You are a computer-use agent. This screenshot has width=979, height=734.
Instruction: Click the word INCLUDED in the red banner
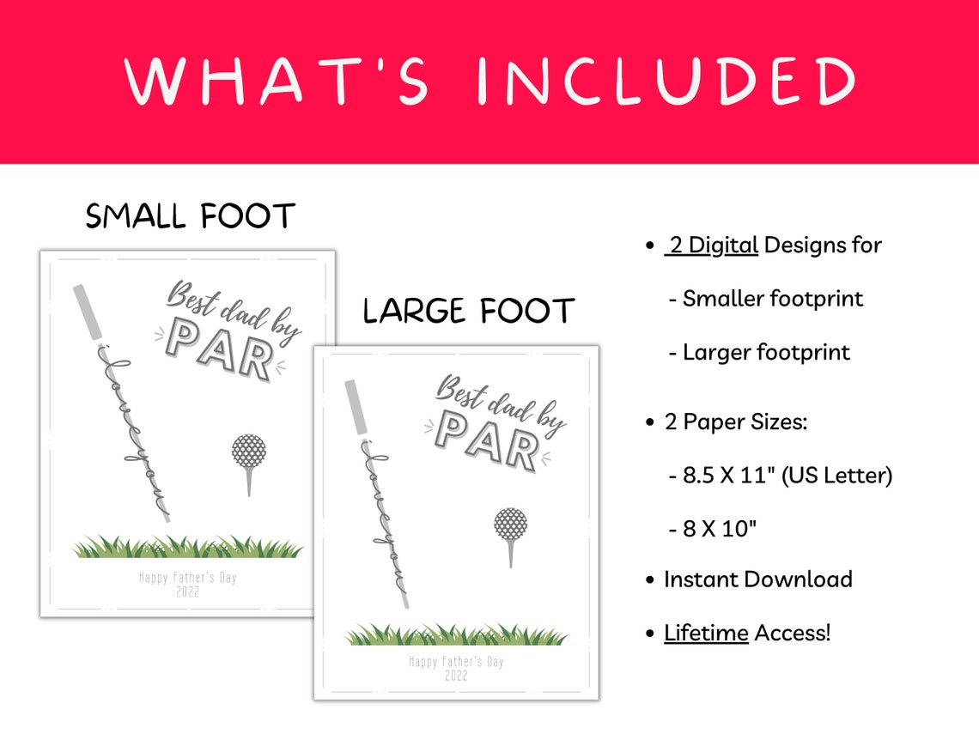pyautogui.click(x=666, y=82)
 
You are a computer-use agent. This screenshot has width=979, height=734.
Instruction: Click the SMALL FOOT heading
pyautogui.click(x=190, y=216)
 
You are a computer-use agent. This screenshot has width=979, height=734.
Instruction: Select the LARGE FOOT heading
pyautogui.click(x=468, y=311)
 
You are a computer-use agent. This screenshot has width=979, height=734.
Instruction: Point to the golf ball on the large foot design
pyautogui.click(x=510, y=525)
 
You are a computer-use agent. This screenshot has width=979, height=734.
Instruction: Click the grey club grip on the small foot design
pyautogui.click(x=86, y=312)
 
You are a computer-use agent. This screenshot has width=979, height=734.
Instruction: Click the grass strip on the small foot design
pyautogui.click(x=187, y=547)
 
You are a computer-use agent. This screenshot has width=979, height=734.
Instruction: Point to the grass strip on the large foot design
pyautogui.click(x=456, y=635)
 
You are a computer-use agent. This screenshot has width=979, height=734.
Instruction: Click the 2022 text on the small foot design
pyautogui.click(x=187, y=591)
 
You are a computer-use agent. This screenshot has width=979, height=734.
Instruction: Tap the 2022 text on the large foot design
pyautogui.click(x=456, y=676)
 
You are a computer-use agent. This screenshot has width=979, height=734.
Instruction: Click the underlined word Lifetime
pyautogui.click(x=706, y=634)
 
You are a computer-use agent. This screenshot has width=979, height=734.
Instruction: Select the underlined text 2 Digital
pyautogui.click(x=712, y=246)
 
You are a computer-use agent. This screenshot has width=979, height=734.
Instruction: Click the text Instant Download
pyautogui.click(x=757, y=579)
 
